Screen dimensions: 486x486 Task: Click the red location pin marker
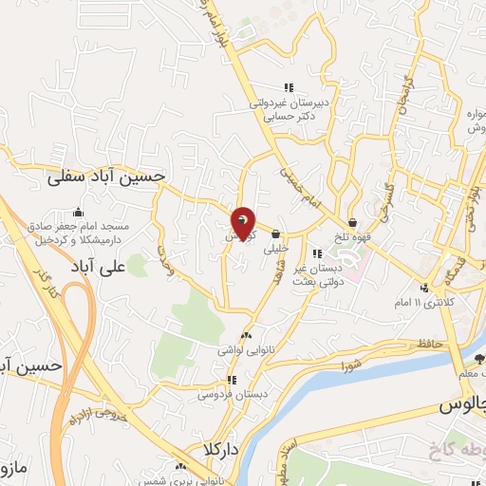[x=243, y=224]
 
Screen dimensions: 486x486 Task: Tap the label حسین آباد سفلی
[x=107, y=176]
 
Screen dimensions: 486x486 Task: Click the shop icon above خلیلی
[x=276, y=234]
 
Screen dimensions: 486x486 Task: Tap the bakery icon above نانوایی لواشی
[x=247, y=335]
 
